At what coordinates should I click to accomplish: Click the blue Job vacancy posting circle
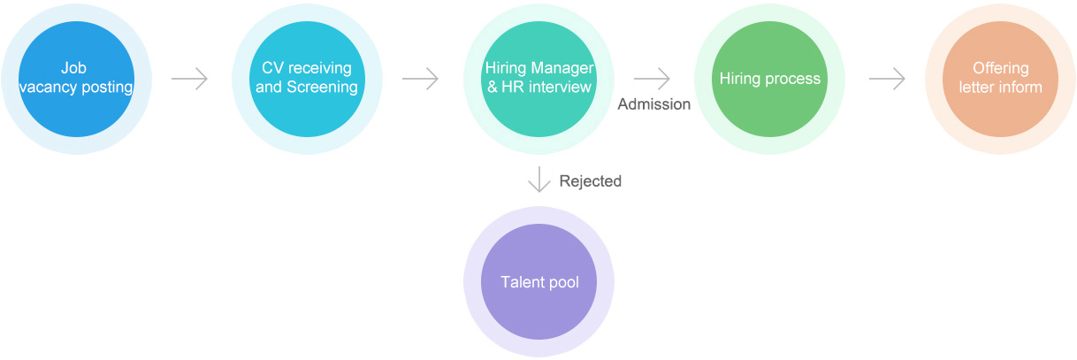pyautogui.click(x=76, y=79)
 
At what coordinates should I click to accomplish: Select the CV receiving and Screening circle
pyautogui.click(x=307, y=79)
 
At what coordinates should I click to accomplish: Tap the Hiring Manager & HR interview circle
pyautogui.click(x=538, y=79)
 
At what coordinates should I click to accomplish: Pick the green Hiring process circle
pyautogui.click(x=769, y=79)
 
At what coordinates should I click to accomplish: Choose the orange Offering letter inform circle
pyautogui.click(x=1000, y=79)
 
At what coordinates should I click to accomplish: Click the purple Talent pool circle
pyautogui.click(x=538, y=282)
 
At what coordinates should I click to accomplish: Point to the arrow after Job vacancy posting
pyautogui.click(x=189, y=79)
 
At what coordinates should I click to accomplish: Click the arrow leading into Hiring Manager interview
pyautogui.click(x=420, y=79)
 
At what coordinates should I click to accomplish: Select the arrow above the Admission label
pyautogui.click(x=653, y=79)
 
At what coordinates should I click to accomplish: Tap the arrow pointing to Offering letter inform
pyautogui.click(x=887, y=79)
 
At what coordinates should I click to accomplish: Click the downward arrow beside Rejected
pyautogui.click(x=538, y=180)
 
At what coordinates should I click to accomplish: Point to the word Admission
pyautogui.click(x=653, y=104)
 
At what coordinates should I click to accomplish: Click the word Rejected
pyautogui.click(x=590, y=181)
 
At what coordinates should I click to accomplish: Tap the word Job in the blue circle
pyautogui.click(x=74, y=69)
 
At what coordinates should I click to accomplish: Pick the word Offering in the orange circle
pyautogui.click(x=1000, y=69)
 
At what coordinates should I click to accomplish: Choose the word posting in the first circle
pyautogui.click(x=108, y=88)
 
